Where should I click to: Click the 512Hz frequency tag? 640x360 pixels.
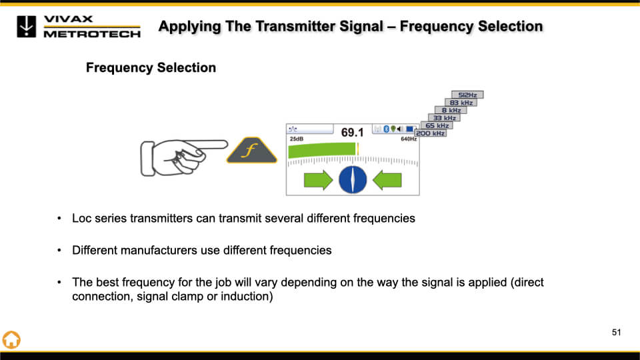point(467,95)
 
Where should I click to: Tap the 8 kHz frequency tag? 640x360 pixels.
point(451,111)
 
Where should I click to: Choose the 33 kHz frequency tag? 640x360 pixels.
point(444,118)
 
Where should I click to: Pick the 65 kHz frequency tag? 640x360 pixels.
point(437,125)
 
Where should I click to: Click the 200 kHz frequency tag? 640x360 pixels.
point(430,133)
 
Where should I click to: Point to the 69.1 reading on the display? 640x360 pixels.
point(352,133)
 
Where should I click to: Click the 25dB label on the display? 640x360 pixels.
point(295,139)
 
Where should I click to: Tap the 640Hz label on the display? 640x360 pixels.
point(408,139)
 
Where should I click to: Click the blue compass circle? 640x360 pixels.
point(353,179)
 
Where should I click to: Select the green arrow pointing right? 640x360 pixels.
point(318,179)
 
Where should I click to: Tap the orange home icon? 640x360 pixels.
point(11,339)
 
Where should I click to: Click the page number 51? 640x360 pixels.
point(616,333)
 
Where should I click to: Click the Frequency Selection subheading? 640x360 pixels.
point(151,68)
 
